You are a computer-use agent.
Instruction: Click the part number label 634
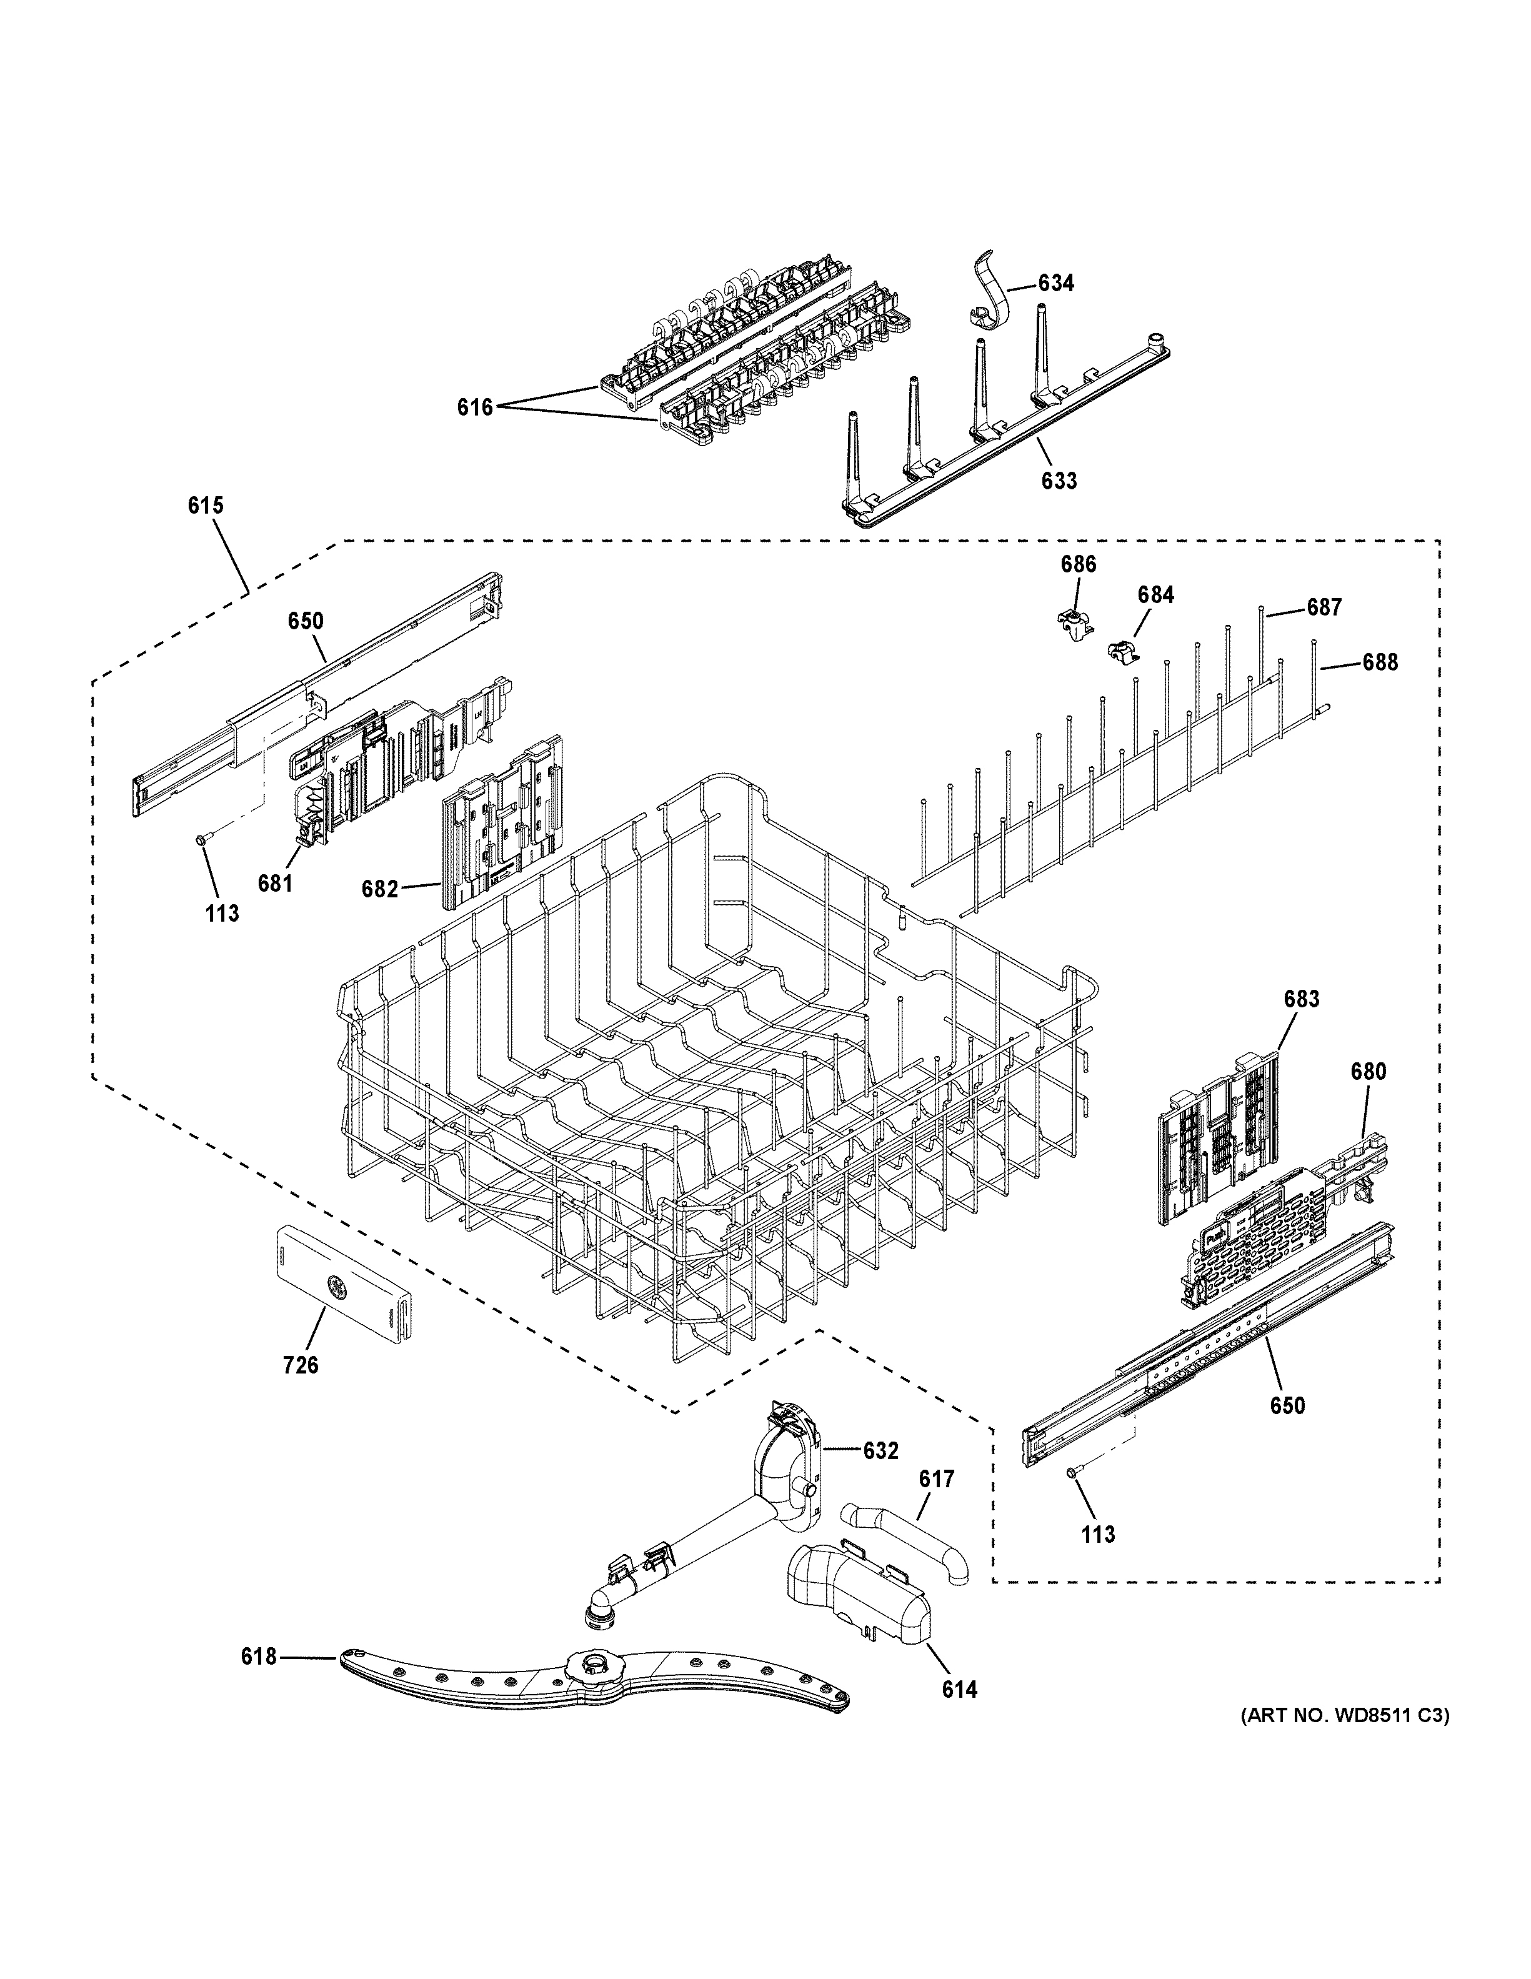[1055, 284]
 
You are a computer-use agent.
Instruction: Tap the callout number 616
[475, 408]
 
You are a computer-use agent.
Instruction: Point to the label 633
[1058, 481]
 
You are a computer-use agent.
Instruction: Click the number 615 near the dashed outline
[206, 506]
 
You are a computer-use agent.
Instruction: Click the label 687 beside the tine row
[1324, 608]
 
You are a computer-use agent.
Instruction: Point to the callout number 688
[1380, 662]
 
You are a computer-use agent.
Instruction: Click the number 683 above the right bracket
[1301, 999]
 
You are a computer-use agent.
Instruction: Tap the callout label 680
[1368, 1072]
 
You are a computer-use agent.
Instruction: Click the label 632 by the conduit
[880, 1451]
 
